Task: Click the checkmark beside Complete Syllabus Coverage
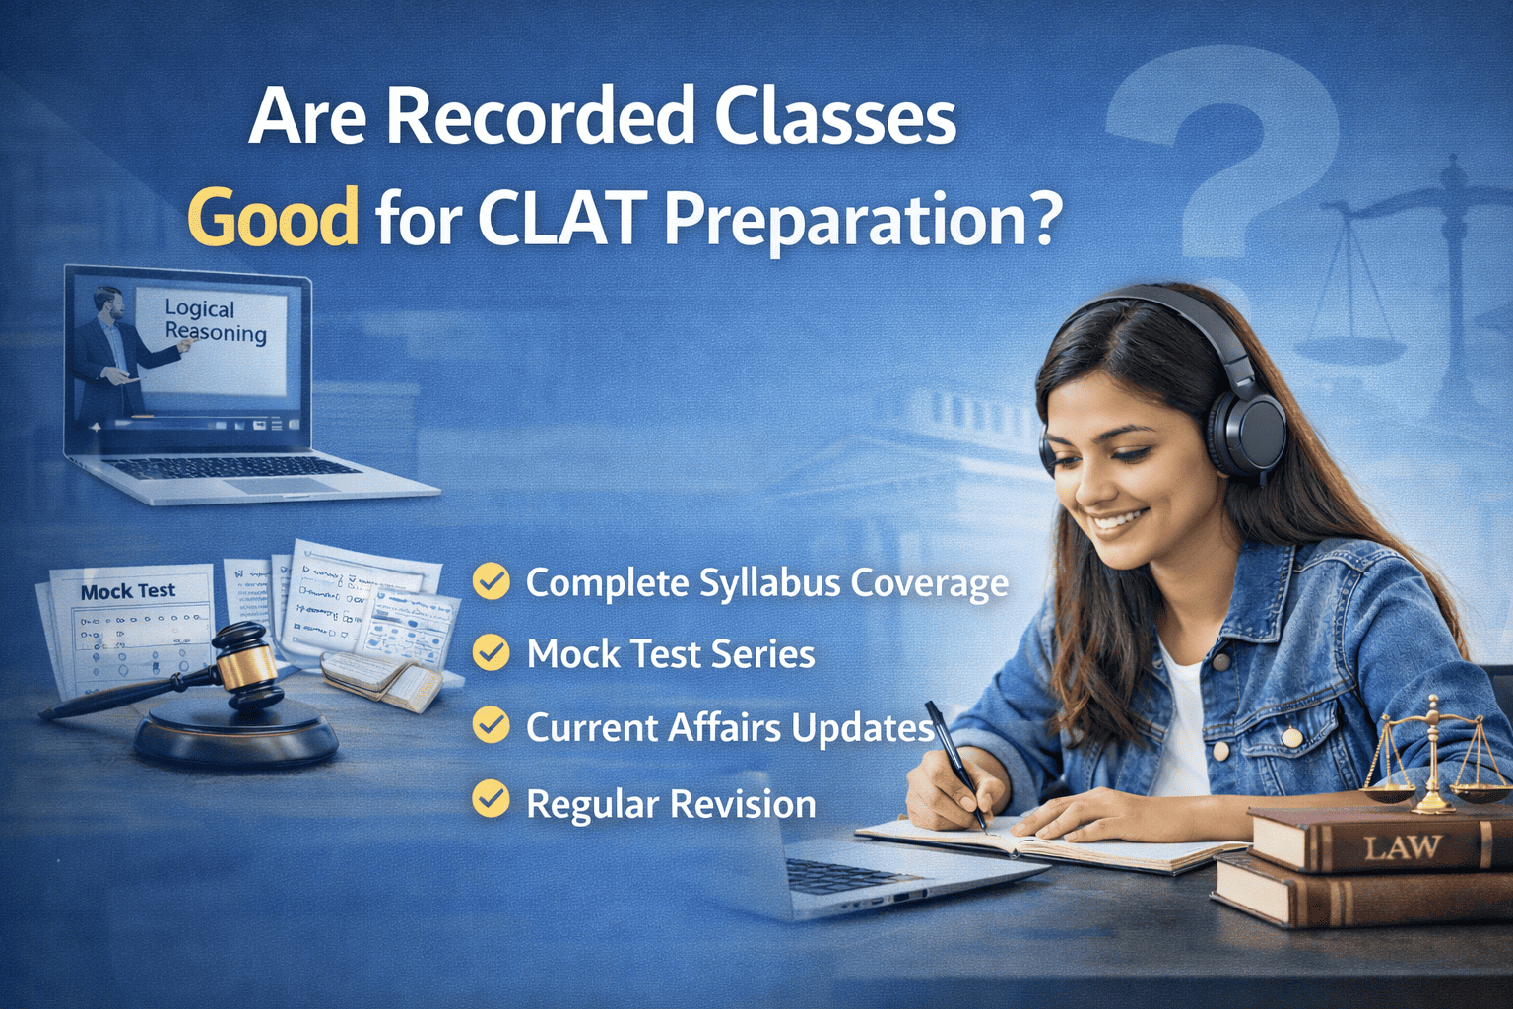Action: pos(491,581)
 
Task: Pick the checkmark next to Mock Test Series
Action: pos(491,653)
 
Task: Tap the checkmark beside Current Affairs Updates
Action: pos(491,726)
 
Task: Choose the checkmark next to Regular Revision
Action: pos(491,799)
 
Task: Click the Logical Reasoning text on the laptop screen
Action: pos(215,321)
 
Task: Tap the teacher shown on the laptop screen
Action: pos(111,345)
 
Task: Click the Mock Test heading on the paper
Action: pos(128,591)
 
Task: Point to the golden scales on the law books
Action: pos(1434,754)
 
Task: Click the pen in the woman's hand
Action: pos(954,759)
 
